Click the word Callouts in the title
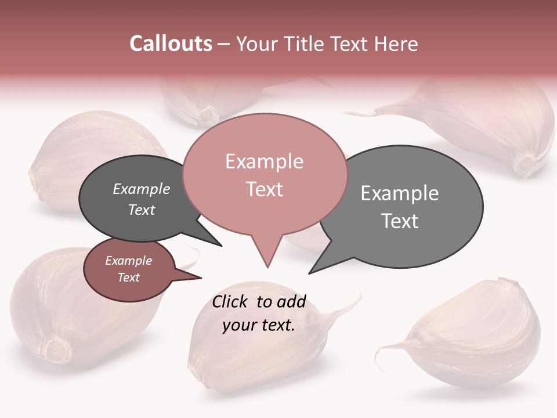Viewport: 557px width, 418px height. pyautogui.click(x=171, y=44)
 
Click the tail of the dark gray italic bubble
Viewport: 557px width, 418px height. pyautogui.click(x=219, y=244)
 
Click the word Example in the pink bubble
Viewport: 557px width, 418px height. pyautogui.click(x=264, y=161)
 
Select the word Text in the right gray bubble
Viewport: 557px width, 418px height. pyautogui.click(x=400, y=221)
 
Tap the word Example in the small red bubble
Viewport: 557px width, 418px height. pyautogui.click(x=128, y=261)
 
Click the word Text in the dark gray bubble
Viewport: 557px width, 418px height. pyautogui.click(x=142, y=210)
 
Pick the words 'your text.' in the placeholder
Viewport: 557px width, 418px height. pyautogui.click(x=258, y=325)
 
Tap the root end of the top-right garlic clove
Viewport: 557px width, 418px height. pyautogui.click(x=526, y=165)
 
